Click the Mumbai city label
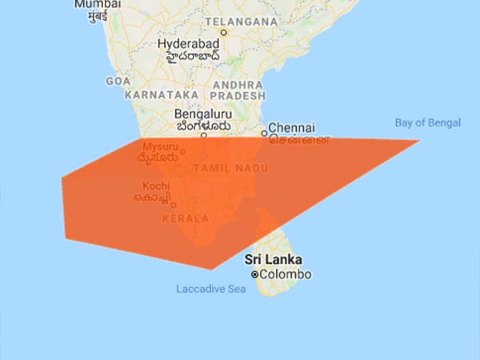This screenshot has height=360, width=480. click(x=90, y=5)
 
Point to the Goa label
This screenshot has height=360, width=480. click(x=117, y=82)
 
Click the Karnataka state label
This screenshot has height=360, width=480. click(x=160, y=94)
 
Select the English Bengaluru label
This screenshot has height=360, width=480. click(x=202, y=114)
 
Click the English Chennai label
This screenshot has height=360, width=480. click(x=291, y=127)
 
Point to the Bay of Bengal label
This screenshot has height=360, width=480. click(x=428, y=123)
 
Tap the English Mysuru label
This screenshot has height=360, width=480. click(x=160, y=147)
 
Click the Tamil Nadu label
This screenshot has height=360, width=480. click(x=230, y=168)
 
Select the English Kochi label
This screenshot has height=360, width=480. click(x=155, y=186)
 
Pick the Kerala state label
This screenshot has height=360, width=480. click(x=186, y=218)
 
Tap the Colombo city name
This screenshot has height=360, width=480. click(x=286, y=274)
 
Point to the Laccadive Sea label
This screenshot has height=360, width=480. click(x=211, y=289)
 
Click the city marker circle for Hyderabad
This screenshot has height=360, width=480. click(x=224, y=34)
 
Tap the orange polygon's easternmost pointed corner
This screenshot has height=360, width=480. click(x=419, y=141)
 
